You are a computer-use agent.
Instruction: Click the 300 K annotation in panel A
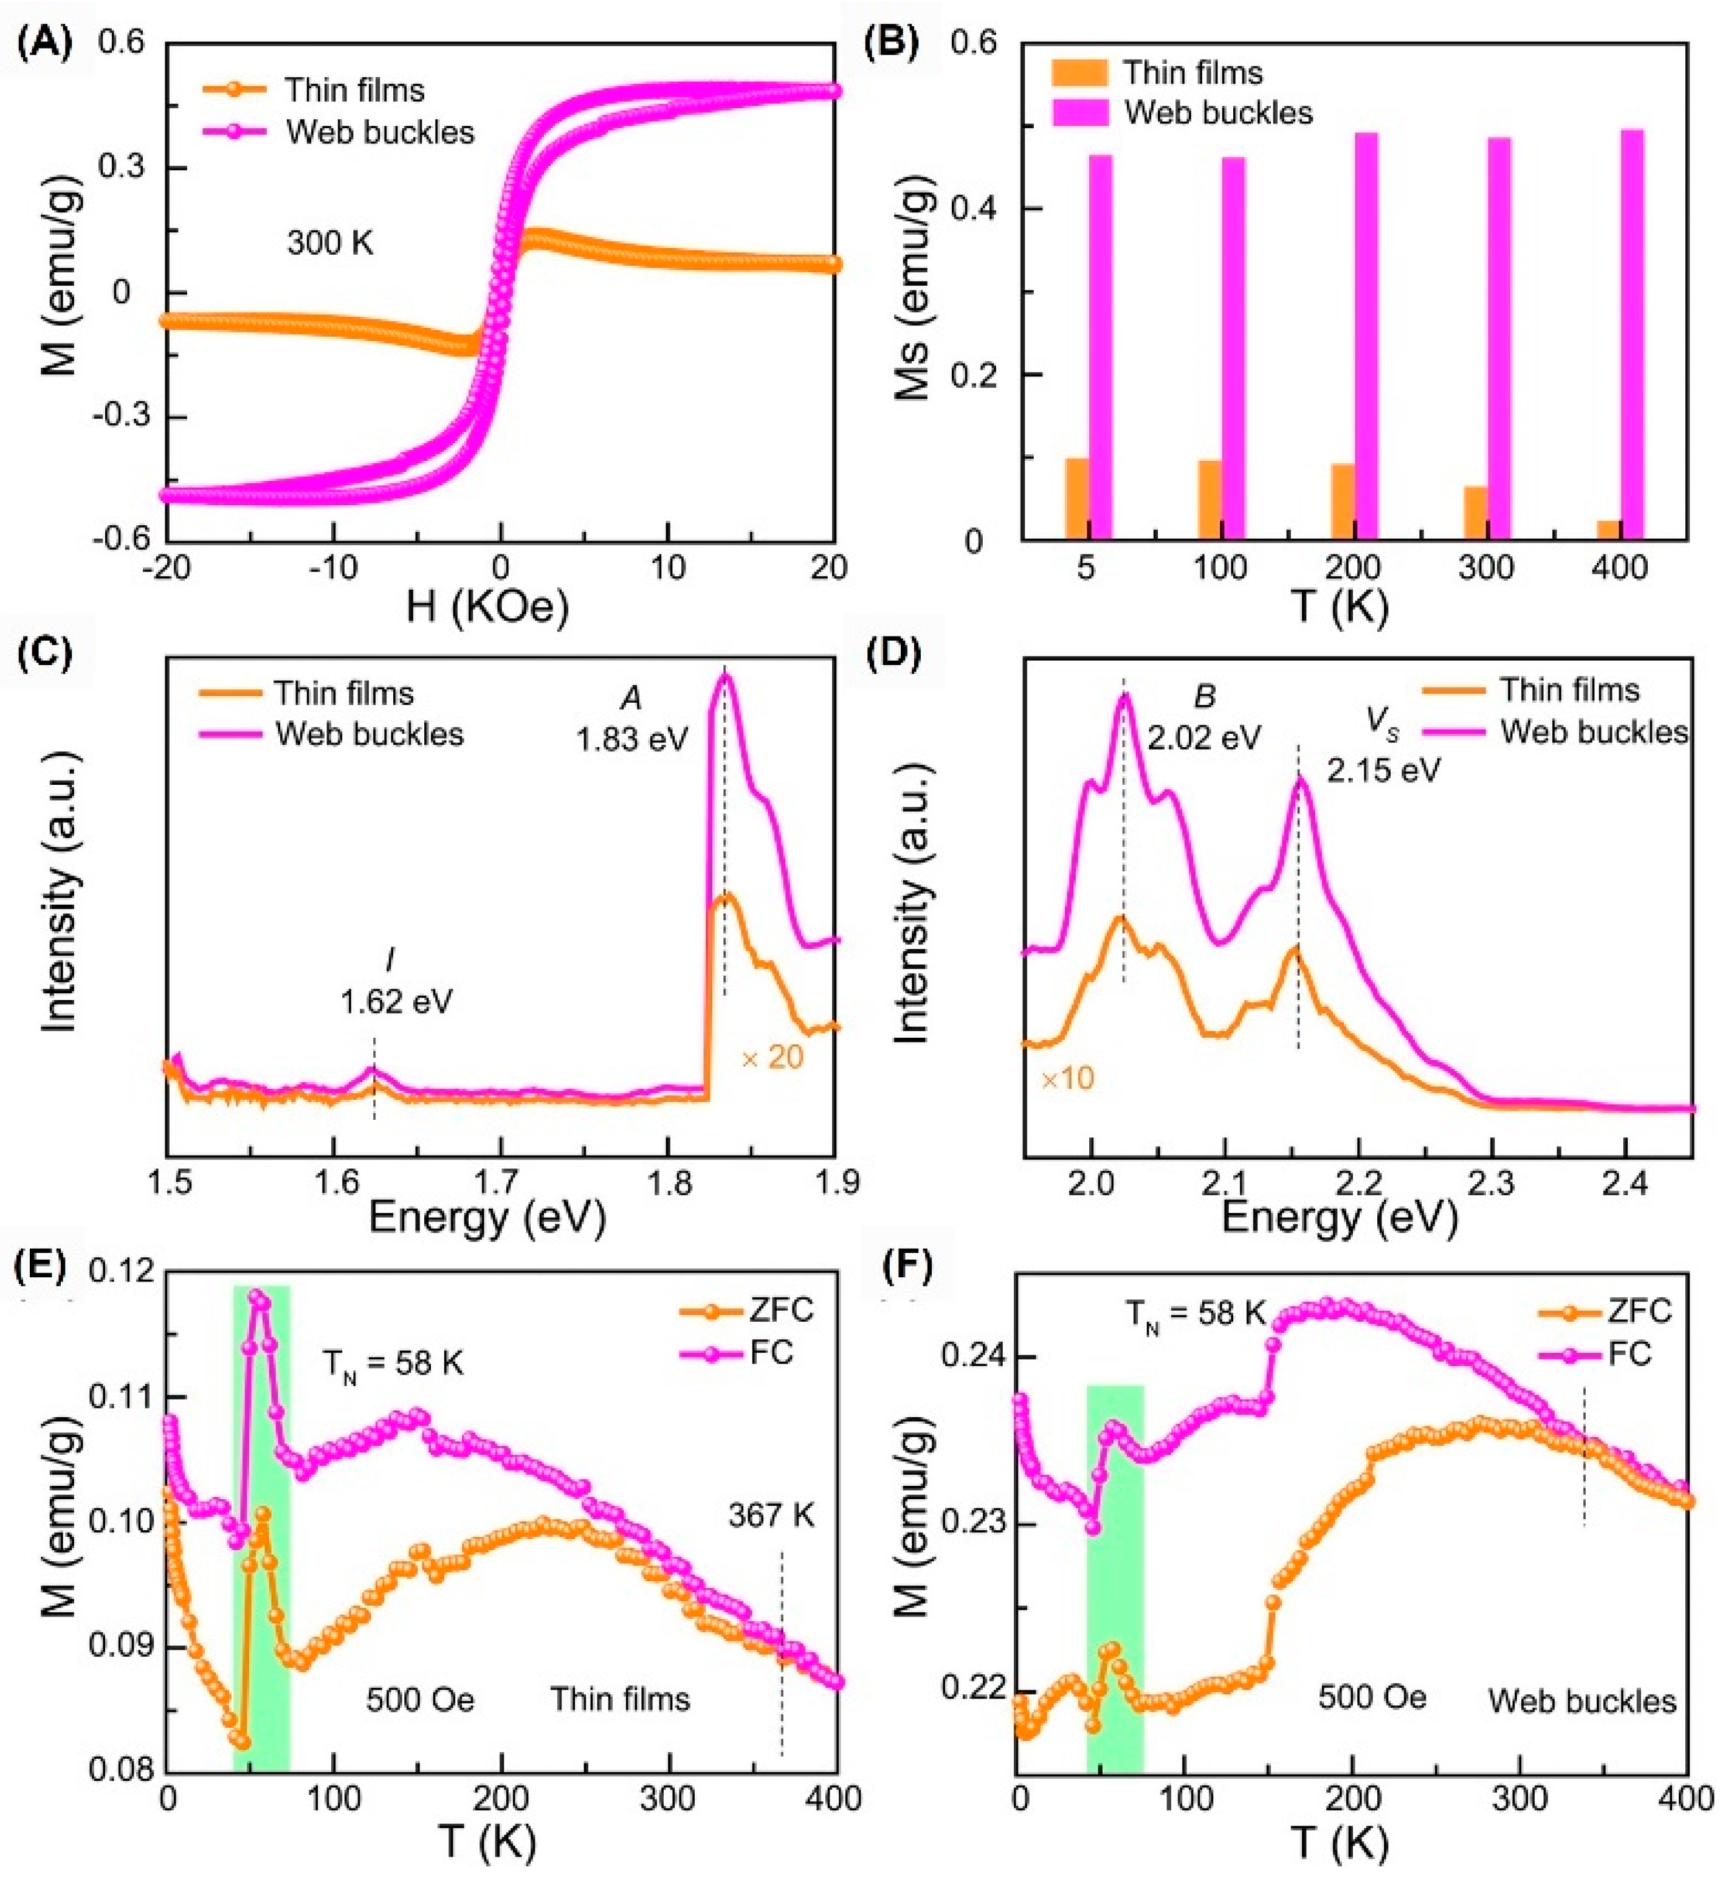(x=329, y=244)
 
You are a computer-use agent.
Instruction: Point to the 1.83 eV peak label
(x=632, y=739)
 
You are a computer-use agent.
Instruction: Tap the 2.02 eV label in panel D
(x=1205, y=737)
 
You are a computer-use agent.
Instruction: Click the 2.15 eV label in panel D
(x=1383, y=770)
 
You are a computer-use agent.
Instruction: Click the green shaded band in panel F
(x=1115, y=1593)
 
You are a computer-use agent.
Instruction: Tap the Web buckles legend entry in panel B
(x=1217, y=112)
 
